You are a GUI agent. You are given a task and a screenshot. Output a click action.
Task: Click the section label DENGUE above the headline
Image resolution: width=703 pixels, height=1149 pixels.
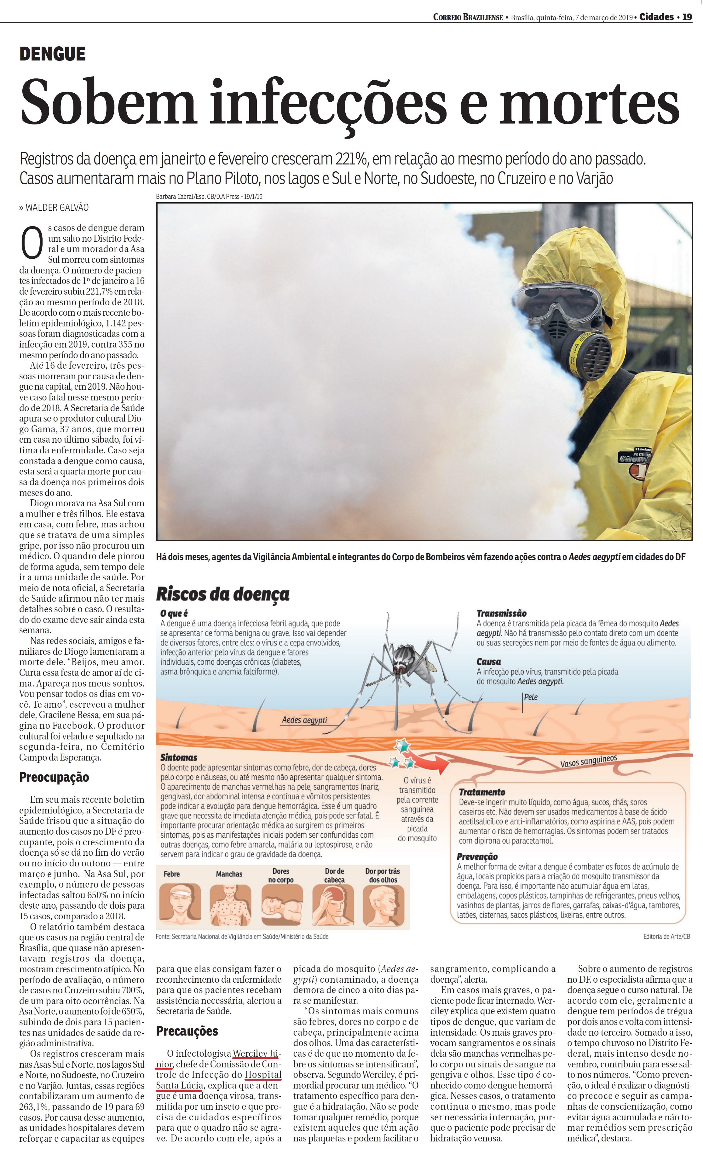pos(52,54)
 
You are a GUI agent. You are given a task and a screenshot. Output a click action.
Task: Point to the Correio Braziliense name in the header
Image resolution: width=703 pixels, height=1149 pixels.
pos(468,18)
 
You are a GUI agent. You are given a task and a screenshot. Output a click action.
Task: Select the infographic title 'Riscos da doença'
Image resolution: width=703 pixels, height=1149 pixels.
pos(222,594)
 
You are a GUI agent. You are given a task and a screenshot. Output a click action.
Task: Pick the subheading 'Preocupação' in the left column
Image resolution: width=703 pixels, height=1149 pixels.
pos(54,777)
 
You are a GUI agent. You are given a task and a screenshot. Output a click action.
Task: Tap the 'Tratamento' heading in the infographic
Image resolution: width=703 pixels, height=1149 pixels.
pos(482,792)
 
